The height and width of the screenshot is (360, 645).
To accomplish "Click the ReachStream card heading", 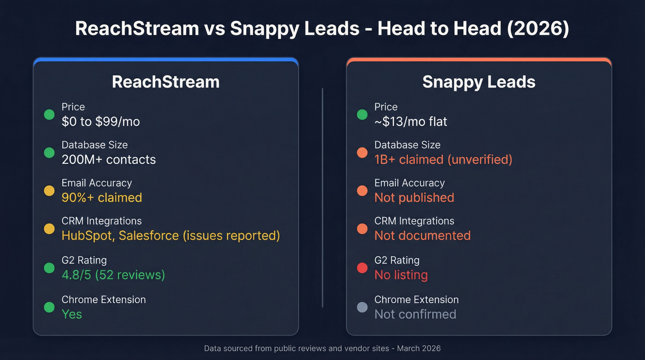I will [165, 82].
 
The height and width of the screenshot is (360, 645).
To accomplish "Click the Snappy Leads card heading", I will [479, 82].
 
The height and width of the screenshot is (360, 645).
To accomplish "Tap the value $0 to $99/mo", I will [100, 122].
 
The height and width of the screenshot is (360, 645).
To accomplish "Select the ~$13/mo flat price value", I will [410, 122].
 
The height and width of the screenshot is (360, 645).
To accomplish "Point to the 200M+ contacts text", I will [109, 159].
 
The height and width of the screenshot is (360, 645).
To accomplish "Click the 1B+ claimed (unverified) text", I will [443, 159].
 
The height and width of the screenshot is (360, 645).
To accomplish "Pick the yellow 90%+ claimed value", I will [102, 198].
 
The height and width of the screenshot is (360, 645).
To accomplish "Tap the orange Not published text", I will [414, 198].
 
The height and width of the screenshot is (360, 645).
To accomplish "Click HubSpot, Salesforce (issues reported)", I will [171, 236].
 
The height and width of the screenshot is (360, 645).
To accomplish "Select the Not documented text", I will [422, 236].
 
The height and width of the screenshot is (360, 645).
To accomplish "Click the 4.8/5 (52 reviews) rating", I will [113, 275].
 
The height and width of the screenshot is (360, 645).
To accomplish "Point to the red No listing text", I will [401, 275].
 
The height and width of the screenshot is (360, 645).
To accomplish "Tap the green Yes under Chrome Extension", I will [72, 314].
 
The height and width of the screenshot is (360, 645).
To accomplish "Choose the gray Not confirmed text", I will [415, 314].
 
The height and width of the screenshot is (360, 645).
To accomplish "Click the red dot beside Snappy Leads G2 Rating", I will [362, 268].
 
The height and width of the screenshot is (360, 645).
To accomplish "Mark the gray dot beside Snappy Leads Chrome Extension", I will [362, 307].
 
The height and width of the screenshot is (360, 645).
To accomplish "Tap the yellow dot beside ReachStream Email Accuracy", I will [49, 190].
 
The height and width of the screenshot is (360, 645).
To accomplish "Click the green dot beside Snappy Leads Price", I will [362, 114].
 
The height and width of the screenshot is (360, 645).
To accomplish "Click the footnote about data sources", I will [322, 348].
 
